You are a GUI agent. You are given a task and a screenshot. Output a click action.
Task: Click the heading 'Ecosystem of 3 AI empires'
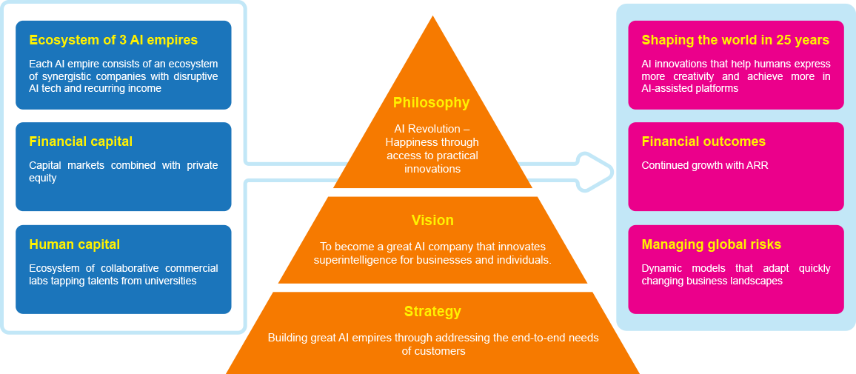[x=113, y=40]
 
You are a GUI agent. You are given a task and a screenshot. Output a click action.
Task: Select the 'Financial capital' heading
[x=81, y=141]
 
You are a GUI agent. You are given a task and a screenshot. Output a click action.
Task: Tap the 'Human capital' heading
[x=74, y=244]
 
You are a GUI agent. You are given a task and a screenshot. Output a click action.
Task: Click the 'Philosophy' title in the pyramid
[x=432, y=103]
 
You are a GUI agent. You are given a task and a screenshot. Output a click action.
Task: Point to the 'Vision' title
[x=432, y=220]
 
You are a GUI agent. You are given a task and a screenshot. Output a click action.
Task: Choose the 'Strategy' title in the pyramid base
[x=432, y=312]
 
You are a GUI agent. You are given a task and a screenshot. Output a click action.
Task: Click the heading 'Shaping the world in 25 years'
[x=735, y=40]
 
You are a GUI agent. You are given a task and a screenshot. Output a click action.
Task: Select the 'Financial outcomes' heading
[x=703, y=141]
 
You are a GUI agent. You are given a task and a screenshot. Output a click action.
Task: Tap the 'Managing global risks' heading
[x=711, y=244]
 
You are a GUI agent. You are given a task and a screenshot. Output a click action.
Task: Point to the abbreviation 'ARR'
[x=757, y=165]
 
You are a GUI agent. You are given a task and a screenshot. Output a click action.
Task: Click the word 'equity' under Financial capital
[x=43, y=178]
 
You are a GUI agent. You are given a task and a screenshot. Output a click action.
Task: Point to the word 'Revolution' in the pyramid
[x=441, y=129]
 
